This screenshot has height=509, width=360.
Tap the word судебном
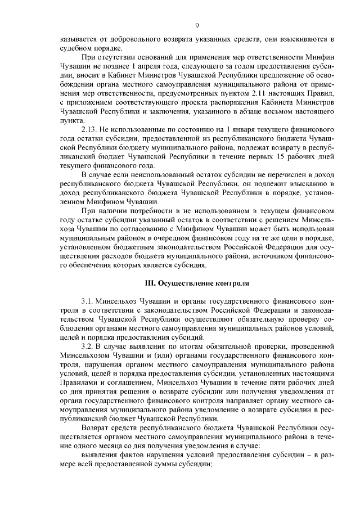[75, 48]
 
